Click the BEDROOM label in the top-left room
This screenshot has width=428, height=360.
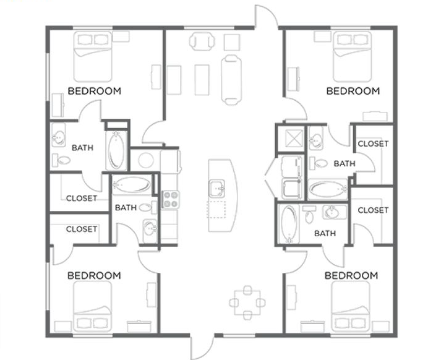pyautogui.click(x=94, y=91)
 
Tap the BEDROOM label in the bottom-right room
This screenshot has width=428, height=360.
pyautogui.click(x=351, y=275)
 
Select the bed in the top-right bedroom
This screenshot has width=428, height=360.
pyautogui.click(x=352, y=56)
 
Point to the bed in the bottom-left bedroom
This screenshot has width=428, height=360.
pyautogui.click(x=93, y=306)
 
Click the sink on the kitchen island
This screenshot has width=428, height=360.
pyautogui.click(x=217, y=188)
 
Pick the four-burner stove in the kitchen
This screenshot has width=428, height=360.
pyautogui.click(x=171, y=200)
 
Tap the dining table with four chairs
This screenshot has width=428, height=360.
pyautogui.click(x=247, y=302)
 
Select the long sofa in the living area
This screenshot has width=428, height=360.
pyautogui.click(x=231, y=79)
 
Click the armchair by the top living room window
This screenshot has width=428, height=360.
pyautogui.click(x=202, y=41)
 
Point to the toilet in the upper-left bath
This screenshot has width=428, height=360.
pyautogui.click(x=61, y=160)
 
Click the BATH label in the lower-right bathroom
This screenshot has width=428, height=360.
pyautogui.click(x=325, y=233)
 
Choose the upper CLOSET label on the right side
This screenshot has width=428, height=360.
pyautogui.click(x=373, y=144)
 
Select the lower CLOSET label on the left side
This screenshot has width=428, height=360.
pyautogui.click(x=82, y=229)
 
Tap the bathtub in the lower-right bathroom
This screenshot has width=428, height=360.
pyautogui.click(x=289, y=224)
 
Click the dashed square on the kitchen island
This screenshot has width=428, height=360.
pyautogui.click(x=216, y=210)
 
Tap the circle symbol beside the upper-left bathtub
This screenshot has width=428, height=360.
pyautogui.click(x=146, y=160)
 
